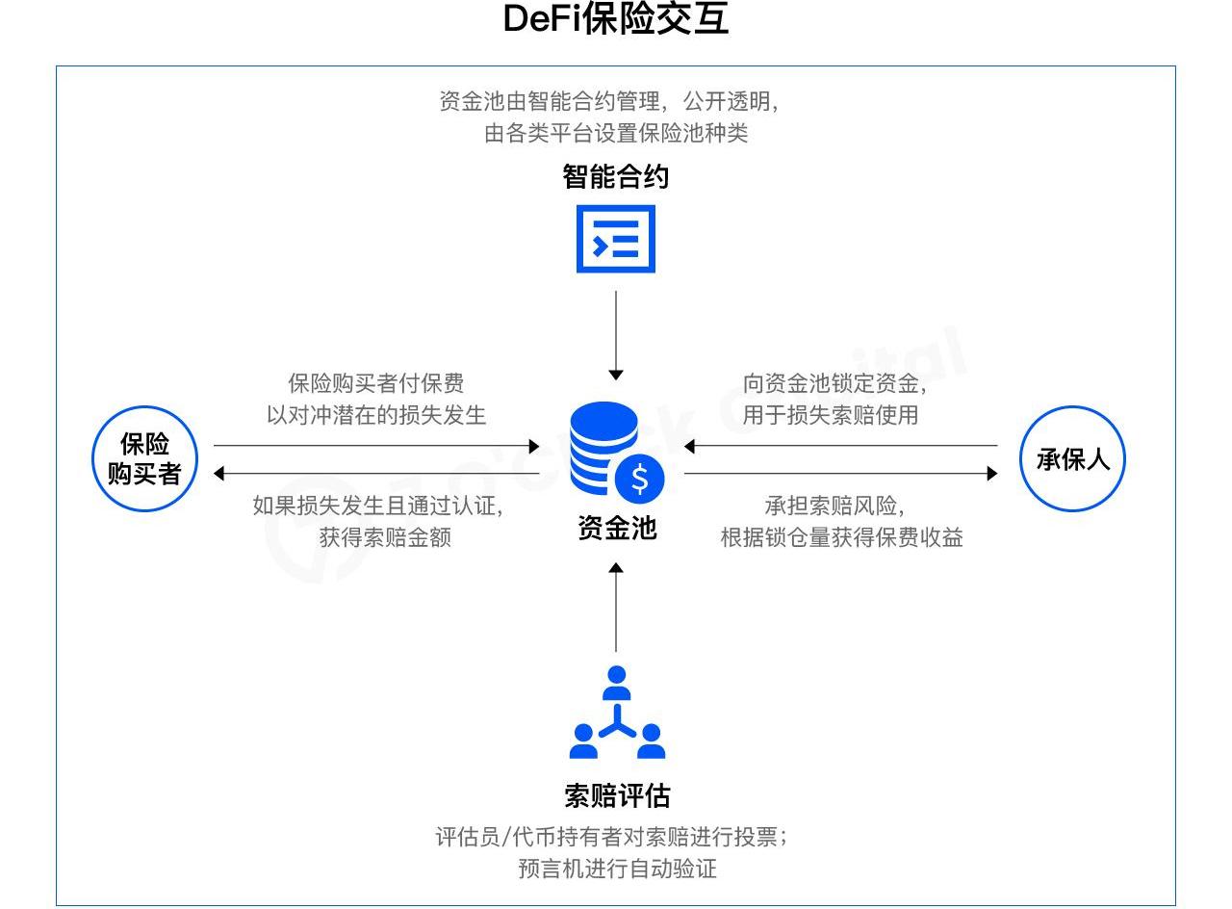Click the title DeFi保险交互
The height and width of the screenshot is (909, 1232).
tap(616, 19)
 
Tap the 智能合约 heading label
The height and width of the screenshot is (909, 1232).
tap(616, 177)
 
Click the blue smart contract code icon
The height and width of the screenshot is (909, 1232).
tap(616, 239)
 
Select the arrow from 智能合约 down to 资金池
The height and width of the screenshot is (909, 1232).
tap(616, 333)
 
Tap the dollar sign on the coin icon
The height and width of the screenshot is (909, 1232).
tap(640, 479)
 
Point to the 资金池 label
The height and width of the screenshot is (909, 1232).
tap(616, 528)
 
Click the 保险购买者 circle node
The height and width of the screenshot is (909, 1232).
tap(145, 458)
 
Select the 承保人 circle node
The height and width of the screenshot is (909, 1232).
tap(1072, 459)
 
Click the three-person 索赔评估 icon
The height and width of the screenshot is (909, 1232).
tap(617, 714)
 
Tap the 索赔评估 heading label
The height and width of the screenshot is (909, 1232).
tap(616, 796)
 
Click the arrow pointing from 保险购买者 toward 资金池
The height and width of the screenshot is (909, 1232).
tap(375, 446)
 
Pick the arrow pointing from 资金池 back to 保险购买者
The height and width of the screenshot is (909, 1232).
tap(375, 474)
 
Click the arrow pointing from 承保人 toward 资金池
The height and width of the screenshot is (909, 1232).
tap(840, 446)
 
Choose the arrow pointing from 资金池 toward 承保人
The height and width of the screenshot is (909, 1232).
tap(840, 474)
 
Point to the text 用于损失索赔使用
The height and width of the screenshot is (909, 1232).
tap(831, 415)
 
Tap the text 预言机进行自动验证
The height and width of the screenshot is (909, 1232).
tap(617, 869)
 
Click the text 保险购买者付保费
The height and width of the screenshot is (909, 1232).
tap(376, 383)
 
